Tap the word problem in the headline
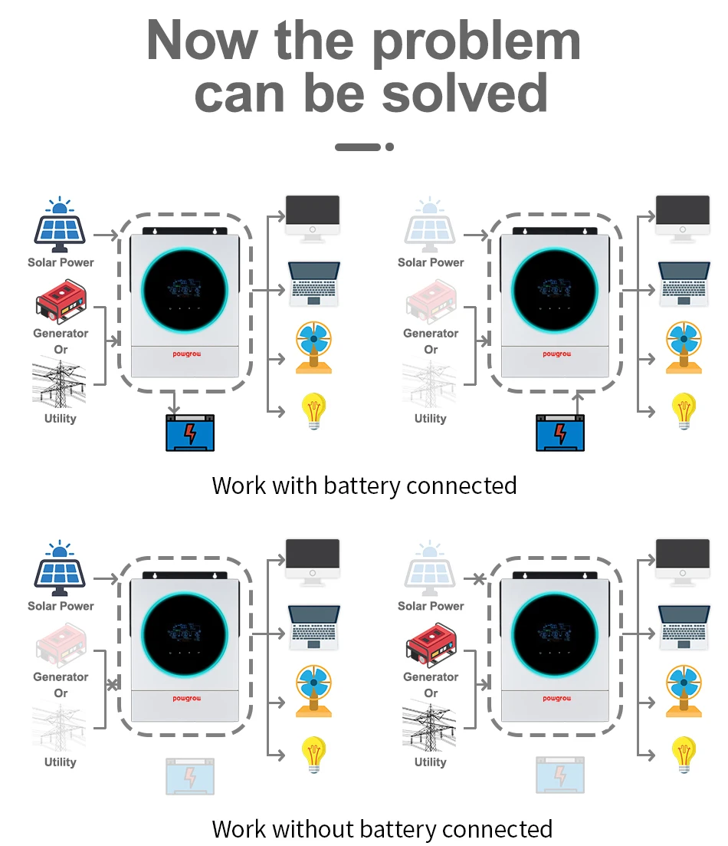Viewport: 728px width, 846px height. coord(476,42)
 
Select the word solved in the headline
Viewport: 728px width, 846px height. coord(465,94)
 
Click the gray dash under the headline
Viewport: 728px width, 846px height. coord(358,146)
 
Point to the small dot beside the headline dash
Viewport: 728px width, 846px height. coord(389,146)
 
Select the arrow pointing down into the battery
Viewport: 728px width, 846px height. coord(175,402)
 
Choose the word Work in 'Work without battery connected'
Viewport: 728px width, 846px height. coord(239,829)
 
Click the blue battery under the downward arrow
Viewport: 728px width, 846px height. coord(190,433)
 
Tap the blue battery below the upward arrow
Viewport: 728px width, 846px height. coord(560,433)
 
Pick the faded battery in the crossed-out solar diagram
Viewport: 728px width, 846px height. coord(560,775)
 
